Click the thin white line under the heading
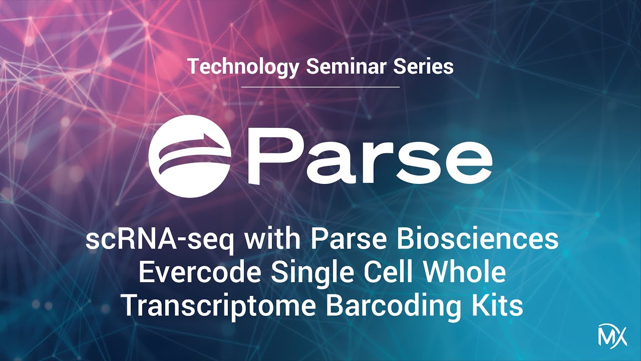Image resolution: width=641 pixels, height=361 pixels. coord(320,87)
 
